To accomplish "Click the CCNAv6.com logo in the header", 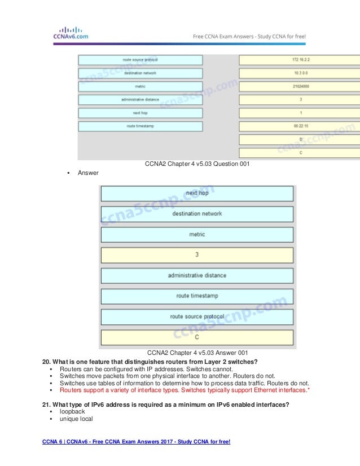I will pyautogui.click(x=67, y=33).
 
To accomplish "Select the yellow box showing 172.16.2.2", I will pyautogui.click(x=299, y=60).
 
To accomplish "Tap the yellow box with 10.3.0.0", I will pyautogui.click(x=299, y=73).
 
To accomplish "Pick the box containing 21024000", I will pyautogui.click(x=299, y=86).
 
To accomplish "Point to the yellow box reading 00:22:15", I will pyautogui.click(x=299, y=126).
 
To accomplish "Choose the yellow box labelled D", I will pyautogui.click(x=299, y=139).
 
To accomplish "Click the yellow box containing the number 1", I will pyautogui.click(x=299, y=113).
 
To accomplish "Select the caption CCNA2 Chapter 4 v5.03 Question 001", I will pyautogui.click(x=196, y=164).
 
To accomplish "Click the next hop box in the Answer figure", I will pyautogui.click(x=197, y=193).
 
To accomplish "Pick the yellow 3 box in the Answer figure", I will pyautogui.click(x=197, y=255).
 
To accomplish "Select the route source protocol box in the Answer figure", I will pyautogui.click(x=197, y=316).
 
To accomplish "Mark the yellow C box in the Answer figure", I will pyautogui.click(x=197, y=337).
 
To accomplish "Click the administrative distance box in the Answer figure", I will pyautogui.click(x=197, y=275).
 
